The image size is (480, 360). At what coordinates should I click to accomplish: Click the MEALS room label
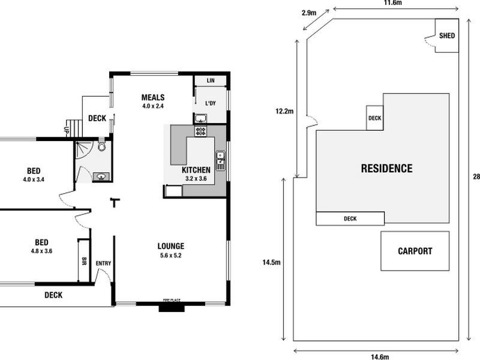pyautogui.click(x=152, y=98)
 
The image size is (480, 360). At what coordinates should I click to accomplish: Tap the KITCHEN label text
pyautogui.click(x=196, y=170)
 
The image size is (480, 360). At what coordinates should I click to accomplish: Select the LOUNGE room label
pyautogui.click(x=170, y=246)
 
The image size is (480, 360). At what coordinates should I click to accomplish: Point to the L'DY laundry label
pyautogui.click(x=210, y=104)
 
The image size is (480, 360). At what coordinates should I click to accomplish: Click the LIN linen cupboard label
pyautogui.click(x=210, y=80)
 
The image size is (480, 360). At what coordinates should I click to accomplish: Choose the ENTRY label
pyautogui.click(x=103, y=263)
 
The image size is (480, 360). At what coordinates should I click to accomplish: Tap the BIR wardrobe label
pyautogui.click(x=84, y=261)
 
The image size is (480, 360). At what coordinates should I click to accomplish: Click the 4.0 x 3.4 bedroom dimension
pyautogui.click(x=34, y=179)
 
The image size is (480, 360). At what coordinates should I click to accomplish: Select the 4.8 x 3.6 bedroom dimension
pyautogui.click(x=41, y=251)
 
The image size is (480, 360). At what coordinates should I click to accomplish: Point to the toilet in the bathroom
pyautogui.click(x=102, y=146)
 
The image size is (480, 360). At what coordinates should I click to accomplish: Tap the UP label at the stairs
pyautogui.click(x=65, y=129)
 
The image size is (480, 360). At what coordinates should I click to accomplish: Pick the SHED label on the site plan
pyautogui.click(x=447, y=36)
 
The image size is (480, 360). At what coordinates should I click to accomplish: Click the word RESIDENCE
pyautogui.click(x=386, y=169)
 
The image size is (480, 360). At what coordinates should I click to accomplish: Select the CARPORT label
pyautogui.click(x=415, y=251)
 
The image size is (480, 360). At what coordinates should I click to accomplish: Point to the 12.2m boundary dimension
pyautogui.click(x=284, y=111)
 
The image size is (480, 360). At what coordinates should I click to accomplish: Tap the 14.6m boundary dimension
pyautogui.click(x=378, y=356)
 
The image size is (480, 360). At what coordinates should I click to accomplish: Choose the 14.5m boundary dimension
pyautogui.click(x=271, y=262)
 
